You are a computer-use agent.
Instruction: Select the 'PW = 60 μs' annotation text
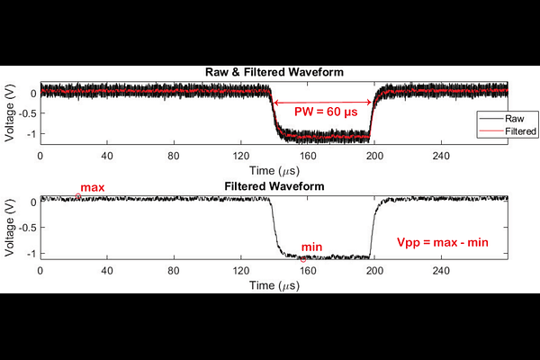tap(325, 112)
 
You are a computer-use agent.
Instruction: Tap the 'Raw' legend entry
tap(516, 118)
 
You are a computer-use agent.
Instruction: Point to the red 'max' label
tap(93, 187)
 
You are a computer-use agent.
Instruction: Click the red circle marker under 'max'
tap(78, 196)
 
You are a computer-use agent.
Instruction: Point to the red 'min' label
tap(311, 247)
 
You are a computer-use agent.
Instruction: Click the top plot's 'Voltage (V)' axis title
tap(9, 112)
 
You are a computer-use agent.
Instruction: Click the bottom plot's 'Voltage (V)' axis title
tap(9, 226)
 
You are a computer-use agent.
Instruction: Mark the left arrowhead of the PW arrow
tap(274, 102)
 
